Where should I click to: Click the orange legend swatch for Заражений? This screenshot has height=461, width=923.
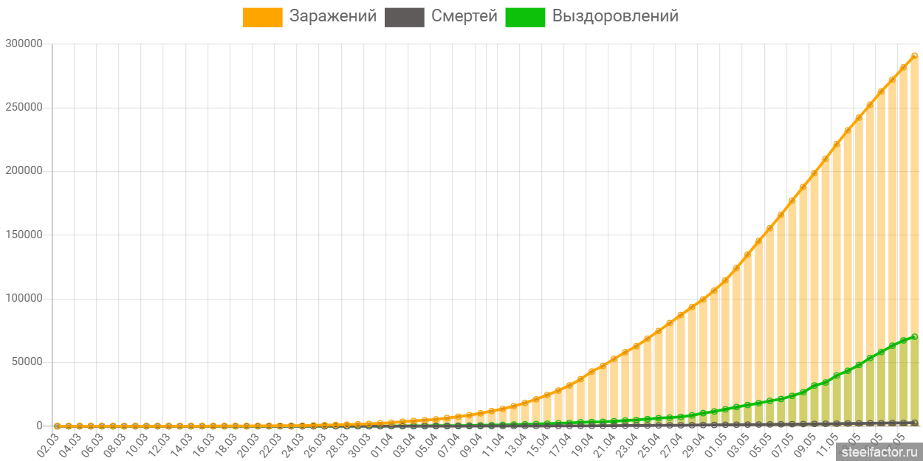[262, 17]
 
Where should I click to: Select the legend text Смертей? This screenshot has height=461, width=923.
[464, 16]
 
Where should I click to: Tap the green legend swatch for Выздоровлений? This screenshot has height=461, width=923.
[525, 17]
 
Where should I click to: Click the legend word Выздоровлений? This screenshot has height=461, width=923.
[615, 16]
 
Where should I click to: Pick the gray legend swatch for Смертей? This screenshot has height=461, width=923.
[405, 17]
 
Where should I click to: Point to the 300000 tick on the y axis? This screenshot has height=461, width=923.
[24, 44]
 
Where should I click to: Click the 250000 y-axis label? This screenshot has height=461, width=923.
[24, 107]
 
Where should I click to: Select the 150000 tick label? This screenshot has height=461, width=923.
[24, 235]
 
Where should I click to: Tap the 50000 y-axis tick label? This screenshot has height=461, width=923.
[27, 362]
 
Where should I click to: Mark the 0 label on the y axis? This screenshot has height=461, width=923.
[39, 426]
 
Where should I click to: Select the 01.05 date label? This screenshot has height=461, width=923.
[716, 444]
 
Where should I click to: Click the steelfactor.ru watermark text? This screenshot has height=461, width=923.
[879, 450]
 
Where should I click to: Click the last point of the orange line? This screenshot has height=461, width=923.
[914, 56]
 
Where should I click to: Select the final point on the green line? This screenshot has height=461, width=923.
[914, 337]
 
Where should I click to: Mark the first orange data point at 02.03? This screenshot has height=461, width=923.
[58, 426]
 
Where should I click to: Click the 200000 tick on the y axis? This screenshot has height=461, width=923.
[24, 170]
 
